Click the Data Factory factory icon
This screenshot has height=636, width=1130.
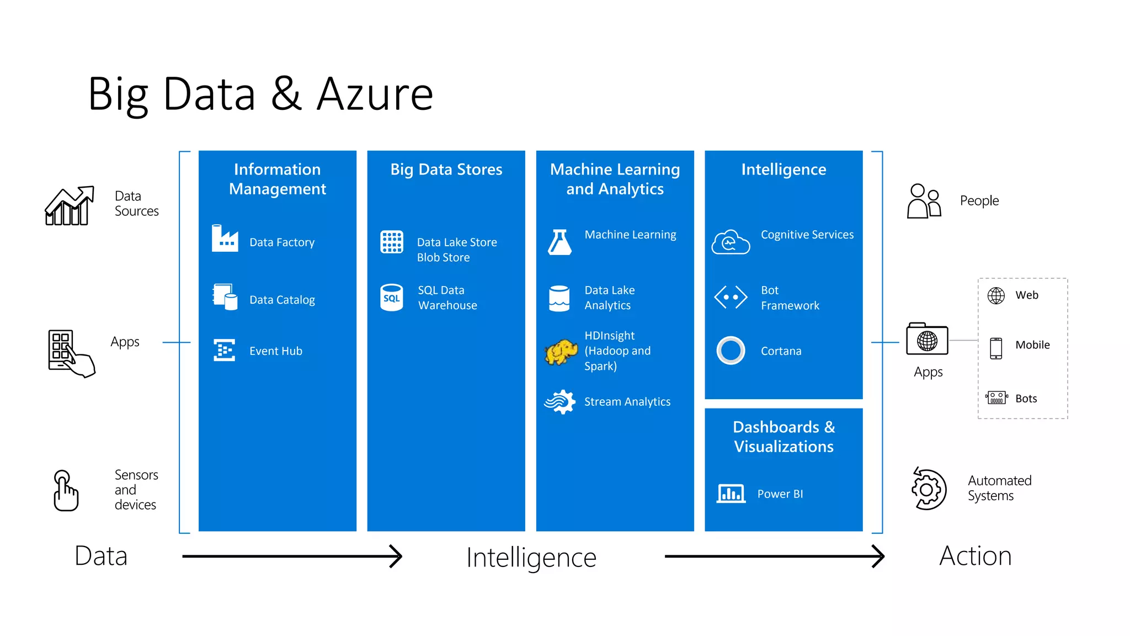[x=225, y=239]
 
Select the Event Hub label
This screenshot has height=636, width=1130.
[x=275, y=351]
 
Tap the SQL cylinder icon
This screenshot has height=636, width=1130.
[x=392, y=298]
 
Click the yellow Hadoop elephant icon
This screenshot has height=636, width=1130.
[x=561, y=352]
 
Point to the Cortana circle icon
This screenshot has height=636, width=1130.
[x=731, y=351]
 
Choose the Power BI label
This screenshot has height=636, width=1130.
[x=780, y=494]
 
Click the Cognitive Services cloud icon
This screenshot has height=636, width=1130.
[x=731, y=242]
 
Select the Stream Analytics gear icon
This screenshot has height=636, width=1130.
[x=561, y=402]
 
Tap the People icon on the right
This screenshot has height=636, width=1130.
[x=924, y=201]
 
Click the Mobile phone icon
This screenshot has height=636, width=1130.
[x=996, y=348]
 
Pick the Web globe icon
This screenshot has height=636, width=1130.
[x=996, y=296]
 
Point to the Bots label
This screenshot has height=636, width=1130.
[x=1026, y=399]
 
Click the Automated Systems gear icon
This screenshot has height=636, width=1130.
[x=929, y=489]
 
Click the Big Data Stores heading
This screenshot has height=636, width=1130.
[x=446, y=169]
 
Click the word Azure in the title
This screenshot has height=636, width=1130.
[x=375, y=94]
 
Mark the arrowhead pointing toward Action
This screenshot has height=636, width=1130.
[x=878, y=556]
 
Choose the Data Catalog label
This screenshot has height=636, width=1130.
[x=282, y=300]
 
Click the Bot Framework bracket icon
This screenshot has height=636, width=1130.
[x=731, y=297]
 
